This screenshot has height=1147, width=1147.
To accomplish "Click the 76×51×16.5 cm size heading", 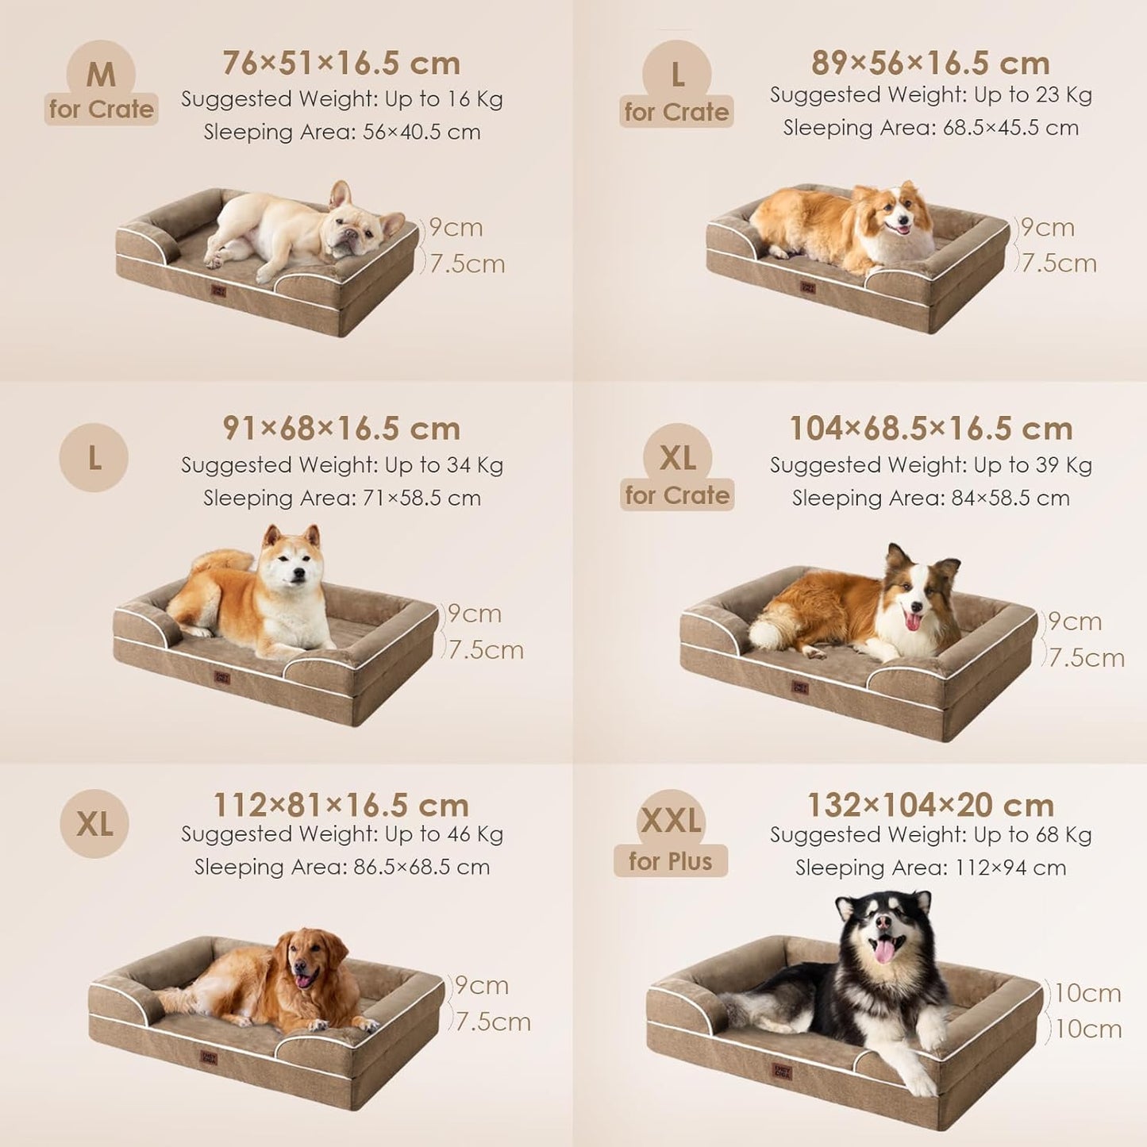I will point(341,64).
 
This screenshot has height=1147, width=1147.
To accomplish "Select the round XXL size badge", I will point(671,821).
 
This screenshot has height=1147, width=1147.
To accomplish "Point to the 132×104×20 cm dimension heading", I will point(930,805).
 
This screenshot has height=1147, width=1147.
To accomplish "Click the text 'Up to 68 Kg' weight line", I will point(930,835).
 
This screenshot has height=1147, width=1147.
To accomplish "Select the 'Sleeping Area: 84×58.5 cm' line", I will point(930,498).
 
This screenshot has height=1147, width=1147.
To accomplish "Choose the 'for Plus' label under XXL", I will point(671,861).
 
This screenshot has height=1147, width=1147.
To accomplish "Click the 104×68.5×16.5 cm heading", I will point(930,429).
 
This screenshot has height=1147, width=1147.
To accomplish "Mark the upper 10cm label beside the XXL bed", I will point(1087,993).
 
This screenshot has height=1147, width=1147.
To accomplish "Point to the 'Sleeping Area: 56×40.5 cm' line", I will point(341,132).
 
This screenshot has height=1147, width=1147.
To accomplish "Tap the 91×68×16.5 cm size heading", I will point(341,429).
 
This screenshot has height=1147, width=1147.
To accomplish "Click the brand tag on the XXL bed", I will point(782,1072).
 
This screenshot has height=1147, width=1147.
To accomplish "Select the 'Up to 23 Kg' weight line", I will point(930,95).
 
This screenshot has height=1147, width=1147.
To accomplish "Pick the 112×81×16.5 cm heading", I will point(341,805).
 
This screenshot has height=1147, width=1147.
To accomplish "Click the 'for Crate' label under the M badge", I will point(101,110).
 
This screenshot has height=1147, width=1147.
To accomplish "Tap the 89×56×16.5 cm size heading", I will point(930,64).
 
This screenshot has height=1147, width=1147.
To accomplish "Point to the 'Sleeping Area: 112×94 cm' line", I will point(930,868).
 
